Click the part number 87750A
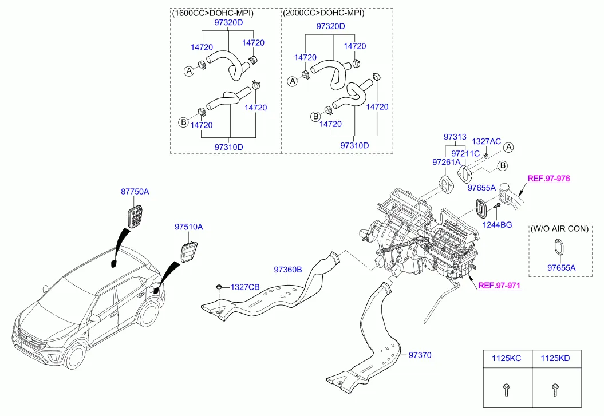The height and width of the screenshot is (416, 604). tap(135, 192)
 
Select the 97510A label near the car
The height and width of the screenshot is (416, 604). tap(189, 227)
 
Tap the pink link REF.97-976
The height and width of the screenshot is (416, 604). tap(548, 179)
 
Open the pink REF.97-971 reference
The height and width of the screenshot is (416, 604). tap(499, 286)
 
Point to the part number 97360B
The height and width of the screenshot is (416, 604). tap(287, 269)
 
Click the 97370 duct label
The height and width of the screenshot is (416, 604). tap(420, 355)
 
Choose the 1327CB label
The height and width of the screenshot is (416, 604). tap(244, 287)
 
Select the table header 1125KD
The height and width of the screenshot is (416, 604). tap(555, 359)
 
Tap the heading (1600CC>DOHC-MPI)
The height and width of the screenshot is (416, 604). tap(212, 13)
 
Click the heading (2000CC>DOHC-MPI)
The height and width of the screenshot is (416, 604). tap(323, 13)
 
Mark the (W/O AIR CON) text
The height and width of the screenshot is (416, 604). tap(559, 228)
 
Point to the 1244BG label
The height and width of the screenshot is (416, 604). tap(498, 225)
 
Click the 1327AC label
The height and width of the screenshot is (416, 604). tap(486, 141)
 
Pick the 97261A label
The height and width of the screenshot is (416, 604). tap(446, 163)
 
